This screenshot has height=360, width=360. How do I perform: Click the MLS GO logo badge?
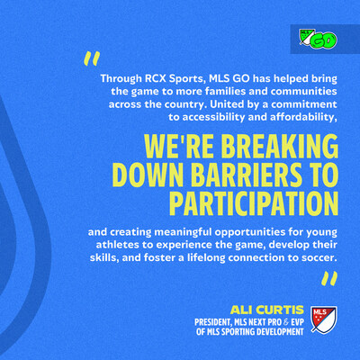(x=318, y=40)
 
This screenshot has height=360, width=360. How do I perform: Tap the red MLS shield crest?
(x=323, y=319)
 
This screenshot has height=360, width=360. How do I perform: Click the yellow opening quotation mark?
(x=92, y=58)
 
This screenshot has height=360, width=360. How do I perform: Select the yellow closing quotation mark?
(x=329, y=278)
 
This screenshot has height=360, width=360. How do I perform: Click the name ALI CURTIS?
(x=267, y=310)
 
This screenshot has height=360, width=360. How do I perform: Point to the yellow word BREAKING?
(x=281, y=147)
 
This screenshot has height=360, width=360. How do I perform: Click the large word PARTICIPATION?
(x=254, y=203)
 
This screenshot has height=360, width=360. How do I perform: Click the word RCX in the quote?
(x=155, y=78)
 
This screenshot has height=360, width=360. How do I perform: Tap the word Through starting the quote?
(x=121, y=78)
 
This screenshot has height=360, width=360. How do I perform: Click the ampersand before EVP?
(x=286, y=322)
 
